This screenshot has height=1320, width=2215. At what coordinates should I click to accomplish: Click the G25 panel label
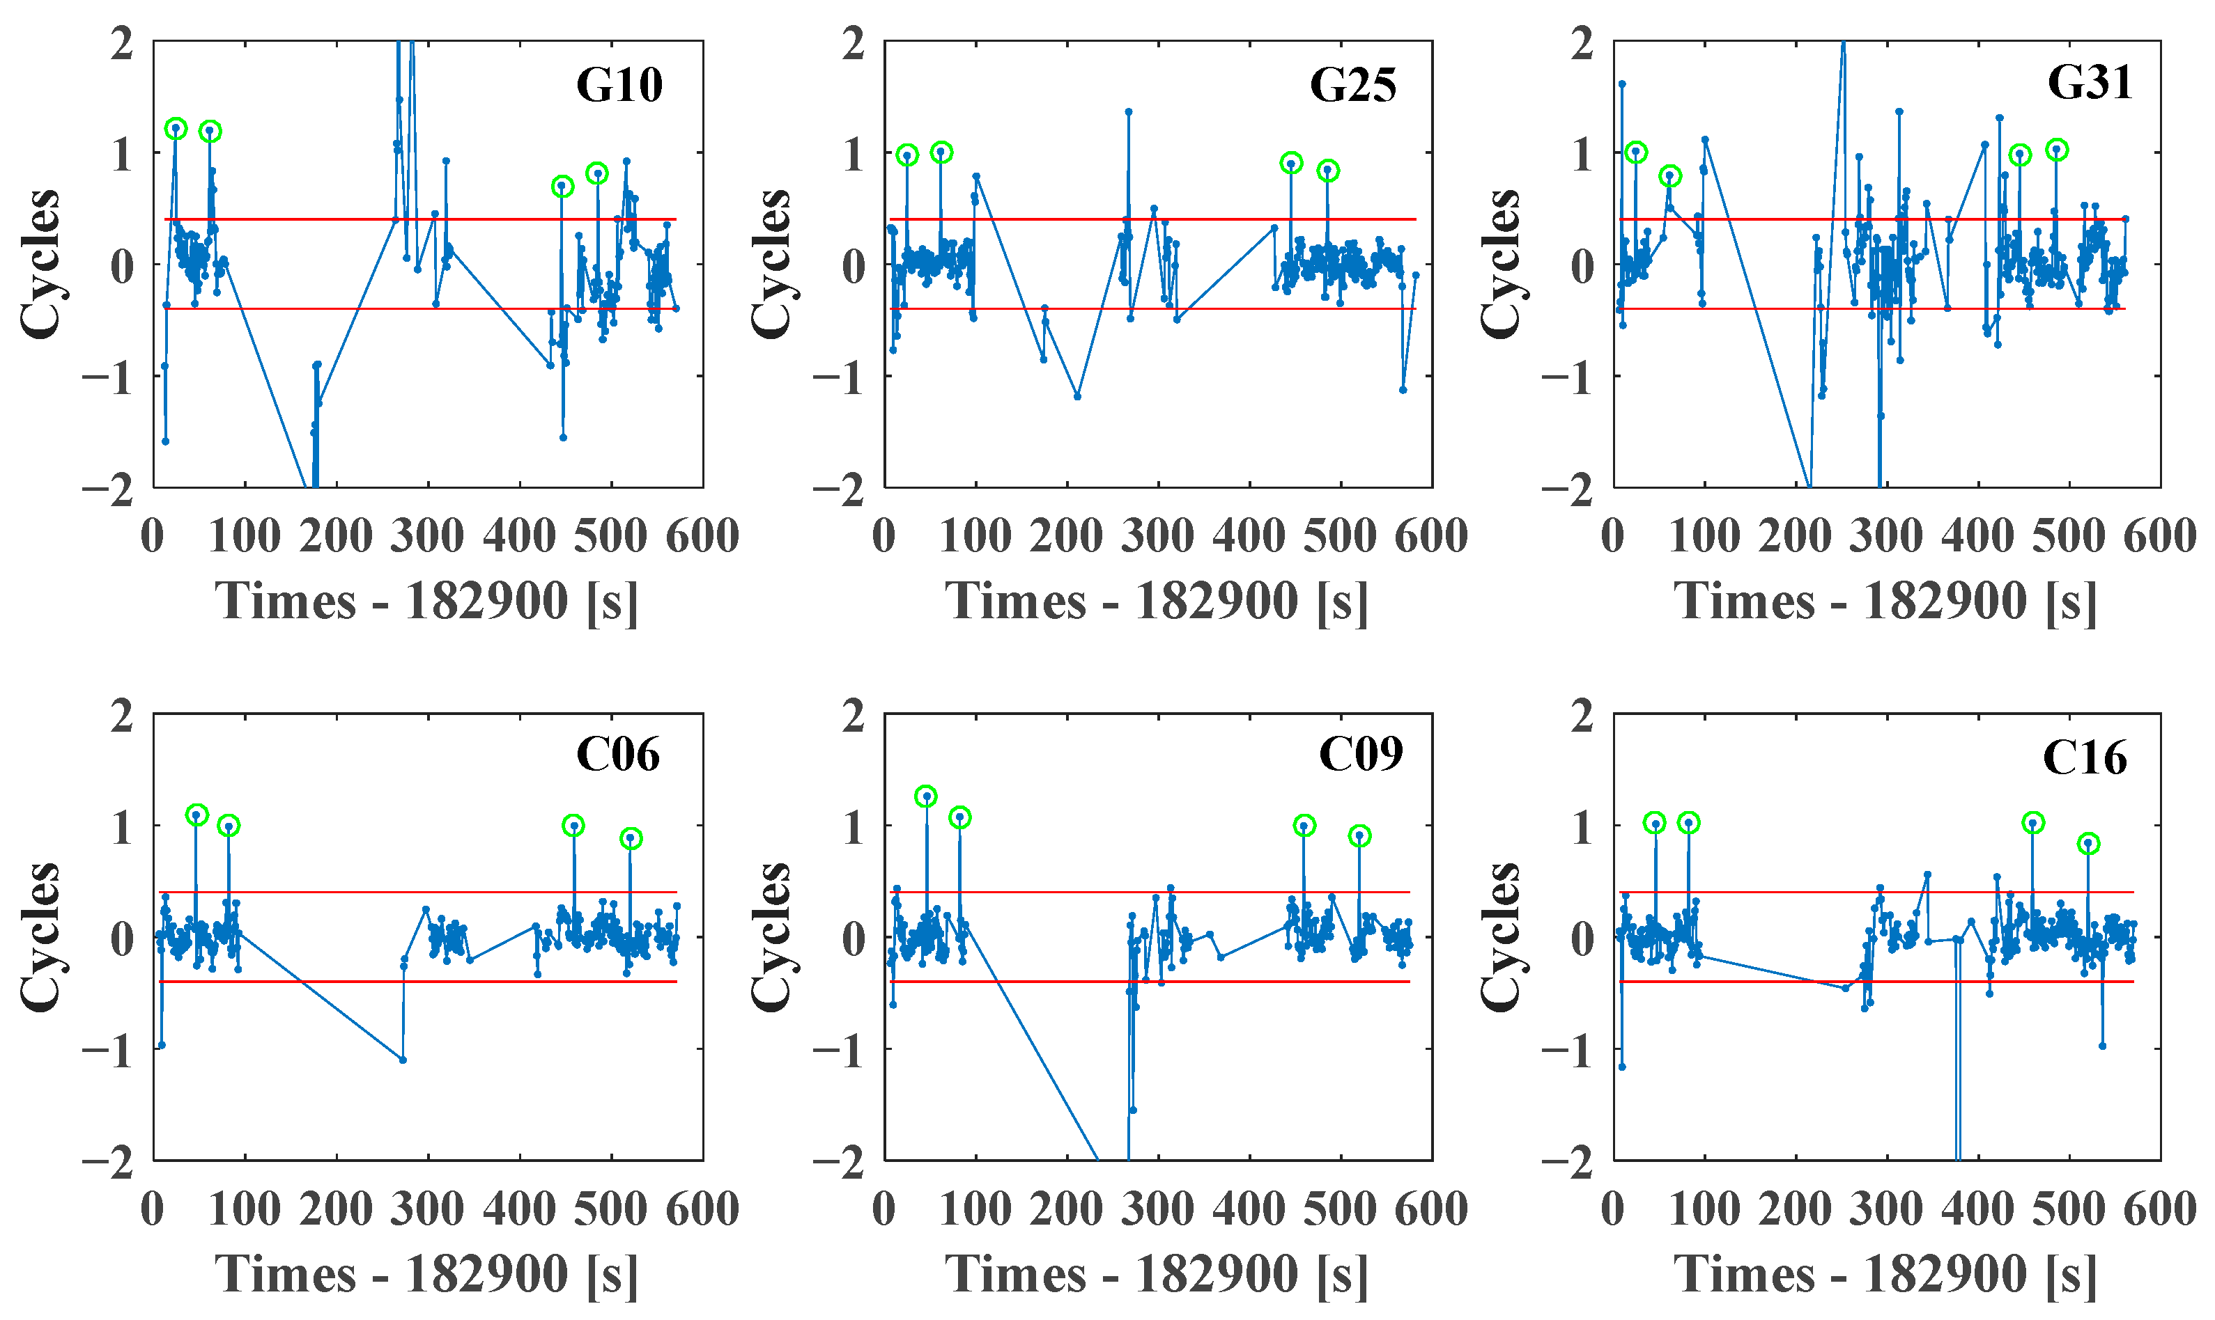pos(1352,86)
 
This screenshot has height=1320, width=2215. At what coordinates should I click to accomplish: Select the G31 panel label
pos(2089,83)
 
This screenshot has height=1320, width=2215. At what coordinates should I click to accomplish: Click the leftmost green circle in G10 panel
pos(176,128)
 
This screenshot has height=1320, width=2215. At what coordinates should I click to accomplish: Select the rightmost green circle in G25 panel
pos(1328,171)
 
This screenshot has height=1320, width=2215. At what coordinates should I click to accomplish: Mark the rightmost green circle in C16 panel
pos(2089,843)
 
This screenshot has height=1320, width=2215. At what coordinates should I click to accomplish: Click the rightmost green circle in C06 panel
pos(630,838)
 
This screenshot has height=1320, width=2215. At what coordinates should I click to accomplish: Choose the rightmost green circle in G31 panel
pos(2057,150)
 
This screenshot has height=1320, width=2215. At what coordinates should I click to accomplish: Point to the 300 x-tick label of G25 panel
pos(1157,536)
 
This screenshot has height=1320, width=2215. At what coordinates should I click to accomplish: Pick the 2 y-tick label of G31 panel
pos(1582,42)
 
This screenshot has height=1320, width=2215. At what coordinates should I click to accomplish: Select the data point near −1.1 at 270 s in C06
pos(403,1060)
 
